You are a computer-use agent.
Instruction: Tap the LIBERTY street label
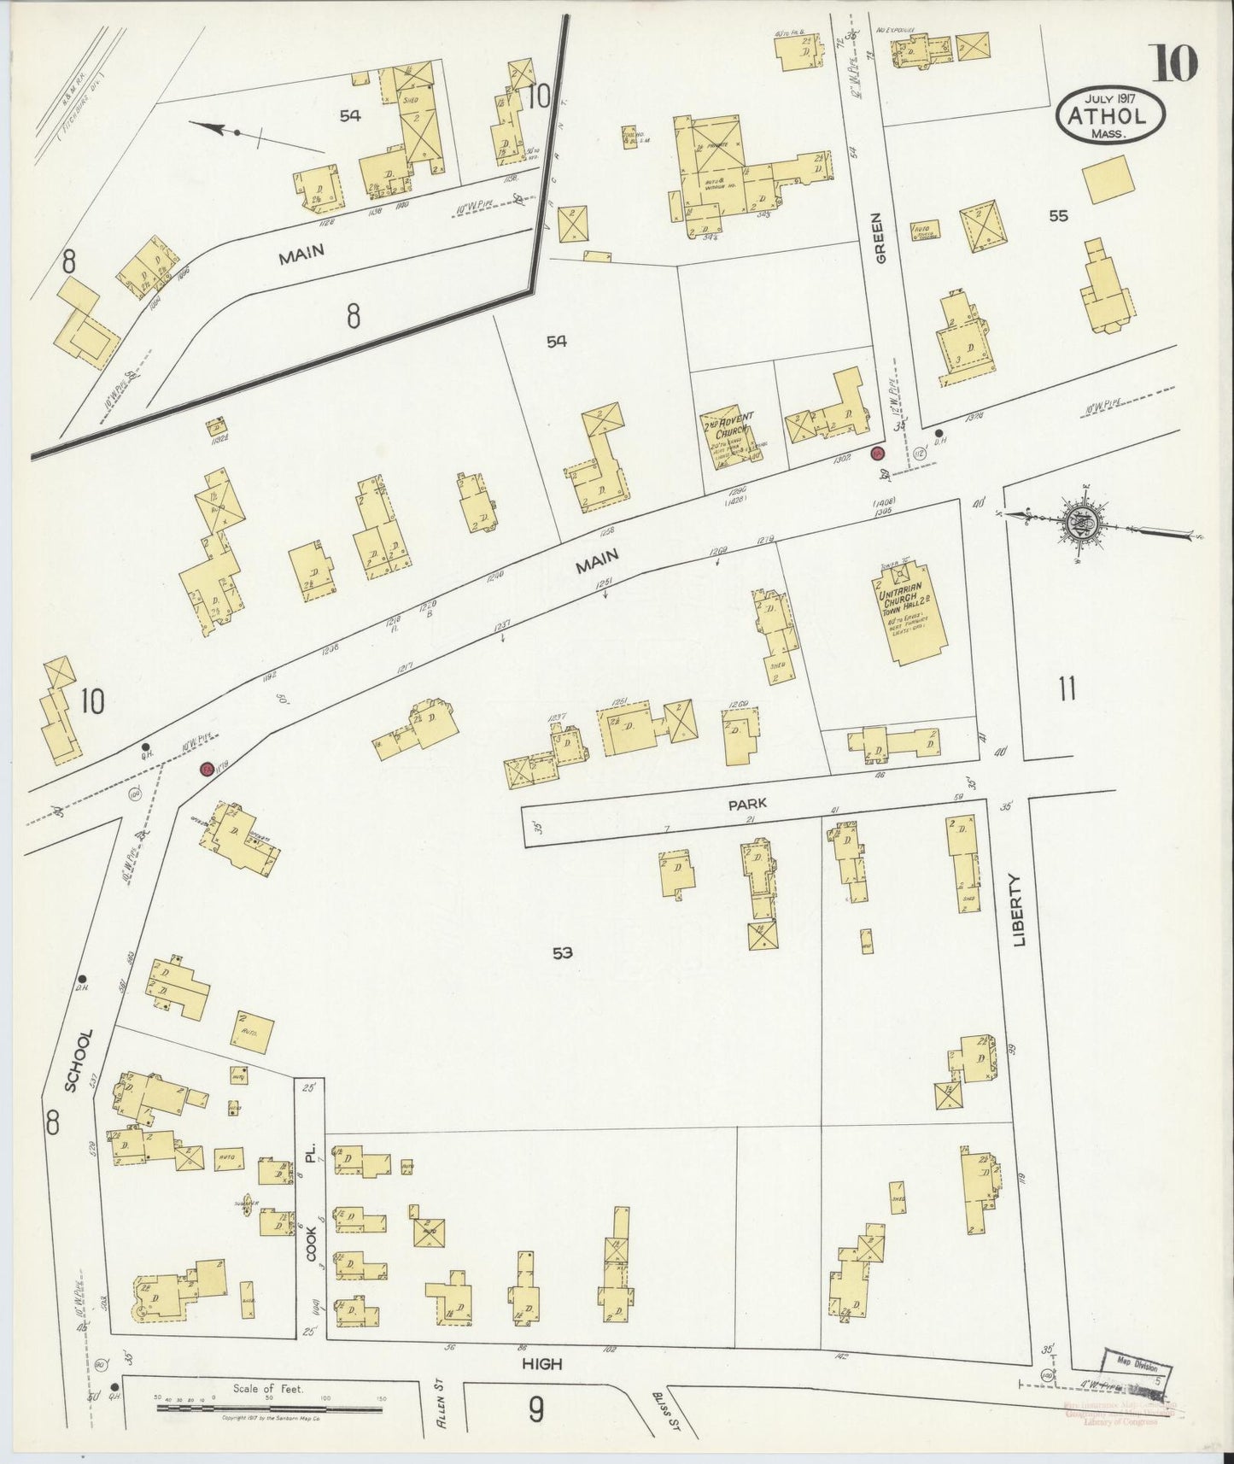[x=1020, y=909]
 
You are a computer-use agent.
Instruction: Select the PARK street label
[x=747, y=804]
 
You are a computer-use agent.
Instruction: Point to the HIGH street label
[x=542, y=1364]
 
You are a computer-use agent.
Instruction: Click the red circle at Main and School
[x=207, y=769]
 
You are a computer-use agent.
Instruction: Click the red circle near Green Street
[x=877, y=452]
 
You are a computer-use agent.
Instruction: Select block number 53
[x=561, y=953]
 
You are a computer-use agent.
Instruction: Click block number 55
[x=1058, y=216]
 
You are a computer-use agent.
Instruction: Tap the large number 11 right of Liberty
[x=1066, y=688]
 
